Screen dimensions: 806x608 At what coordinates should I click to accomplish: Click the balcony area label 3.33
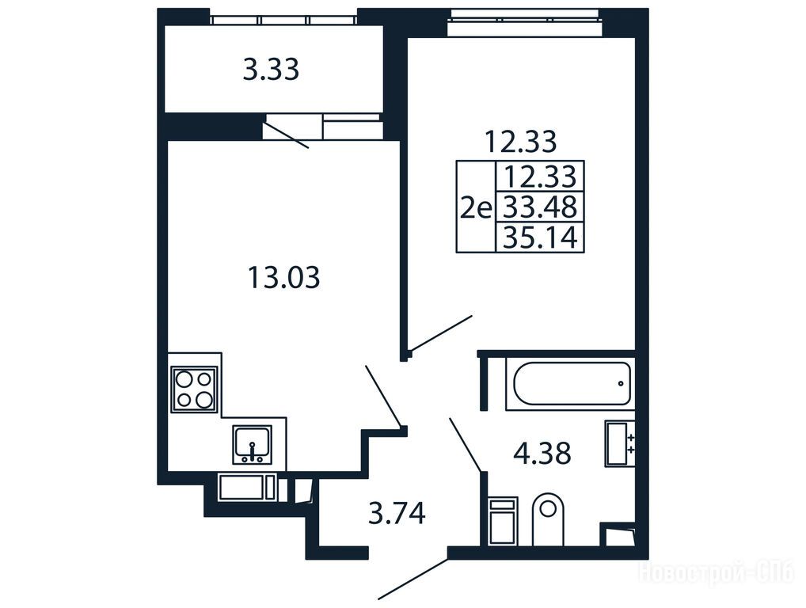(271, 70)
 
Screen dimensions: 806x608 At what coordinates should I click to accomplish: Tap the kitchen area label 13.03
(283, 277)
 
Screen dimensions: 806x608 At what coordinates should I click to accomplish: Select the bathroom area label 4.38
(542, 454)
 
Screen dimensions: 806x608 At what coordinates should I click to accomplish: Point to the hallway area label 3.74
(397, 514)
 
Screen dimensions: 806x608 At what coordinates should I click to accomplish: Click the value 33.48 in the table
(540, 207)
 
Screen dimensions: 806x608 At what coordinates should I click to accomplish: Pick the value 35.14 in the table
(540, 237)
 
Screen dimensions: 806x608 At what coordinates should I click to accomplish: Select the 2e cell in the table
(476, 208)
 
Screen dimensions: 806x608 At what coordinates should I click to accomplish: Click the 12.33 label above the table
(521, 142)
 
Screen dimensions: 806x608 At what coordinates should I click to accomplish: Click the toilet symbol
(548, 519)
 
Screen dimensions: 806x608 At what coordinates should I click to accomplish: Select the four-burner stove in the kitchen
(194, 388)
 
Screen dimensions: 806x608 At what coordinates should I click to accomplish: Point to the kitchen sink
(252, 444)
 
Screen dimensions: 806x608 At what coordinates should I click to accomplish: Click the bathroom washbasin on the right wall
(619, 443)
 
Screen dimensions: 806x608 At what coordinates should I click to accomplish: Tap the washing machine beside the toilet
(503, 520)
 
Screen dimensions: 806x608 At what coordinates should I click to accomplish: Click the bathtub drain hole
(621, 383)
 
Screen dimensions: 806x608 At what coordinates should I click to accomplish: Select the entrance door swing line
(413, 579)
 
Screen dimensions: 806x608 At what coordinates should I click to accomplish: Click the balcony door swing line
(287, 135)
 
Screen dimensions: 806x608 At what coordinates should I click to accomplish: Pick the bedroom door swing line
(441, 333)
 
